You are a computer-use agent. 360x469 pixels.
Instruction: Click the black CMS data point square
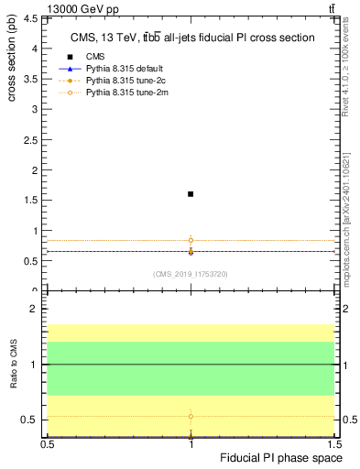point(191,194)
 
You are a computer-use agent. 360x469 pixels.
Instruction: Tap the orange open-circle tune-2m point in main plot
point(191,240)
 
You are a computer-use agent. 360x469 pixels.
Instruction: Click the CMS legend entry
point(96,57)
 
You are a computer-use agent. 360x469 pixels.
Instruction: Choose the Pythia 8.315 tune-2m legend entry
point(123,93)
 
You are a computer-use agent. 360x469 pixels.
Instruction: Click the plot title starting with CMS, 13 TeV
point(193,38)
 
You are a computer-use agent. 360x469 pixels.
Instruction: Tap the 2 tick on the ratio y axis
point(38,310)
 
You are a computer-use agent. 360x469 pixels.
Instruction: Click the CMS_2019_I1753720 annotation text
point(191,274)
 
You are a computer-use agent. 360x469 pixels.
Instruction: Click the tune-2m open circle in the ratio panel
point(191,416)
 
